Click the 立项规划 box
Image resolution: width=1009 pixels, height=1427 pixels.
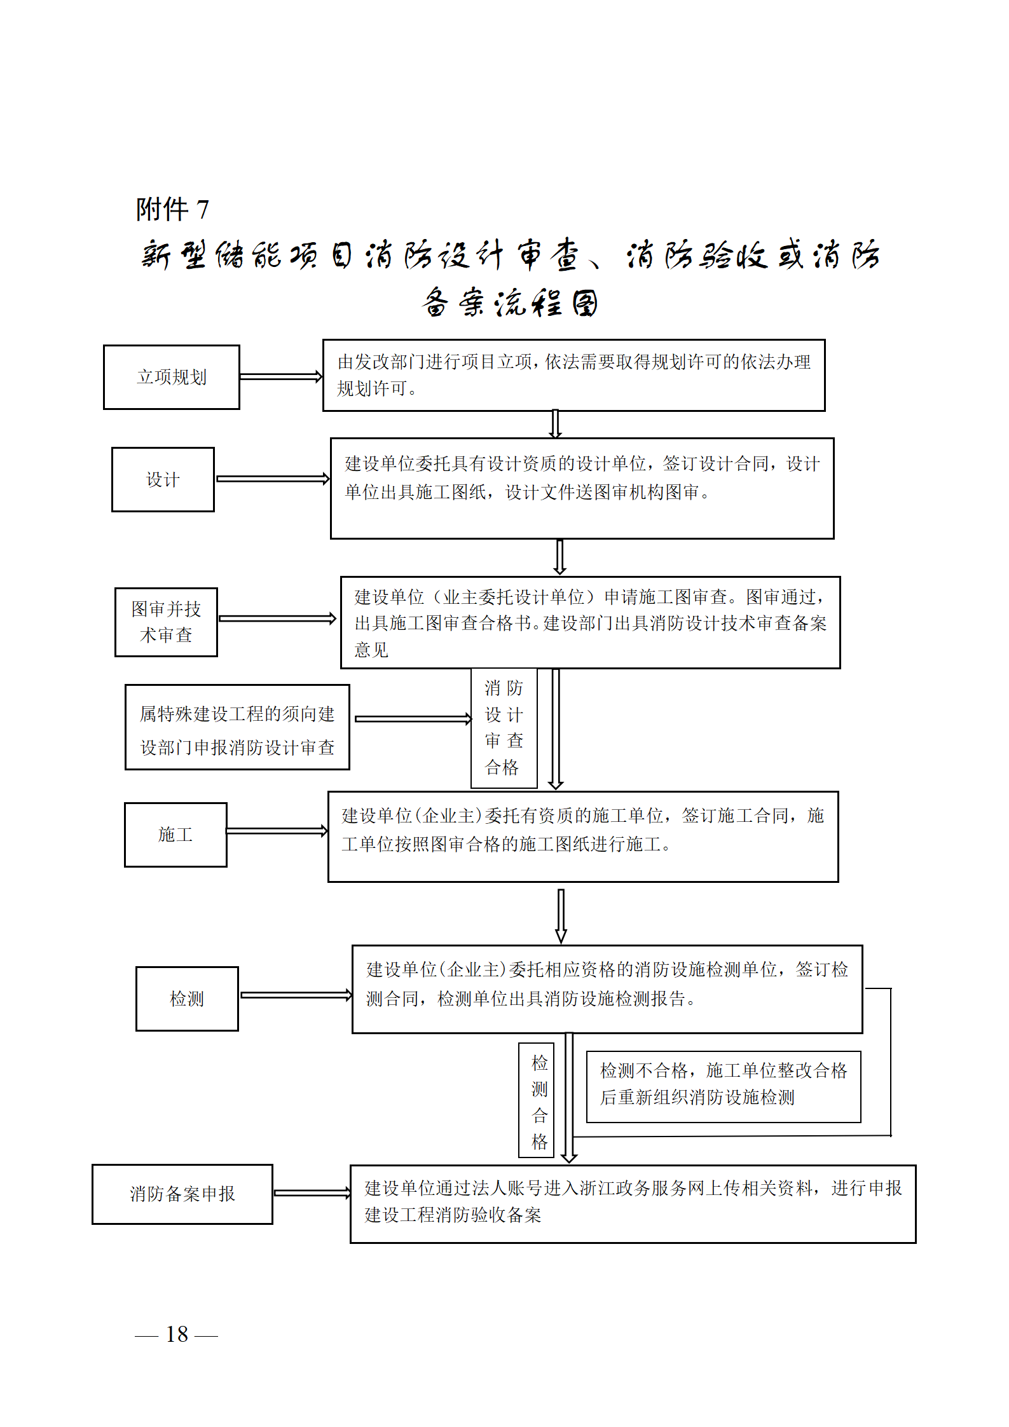[x=172, y=377]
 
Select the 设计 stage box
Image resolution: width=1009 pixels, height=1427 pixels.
[x=163, y=479]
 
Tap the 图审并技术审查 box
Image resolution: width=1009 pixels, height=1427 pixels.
[x=166, y=622]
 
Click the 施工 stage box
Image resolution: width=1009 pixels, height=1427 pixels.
[x=175, y=834]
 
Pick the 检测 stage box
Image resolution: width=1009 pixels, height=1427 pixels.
[x=187, y=999]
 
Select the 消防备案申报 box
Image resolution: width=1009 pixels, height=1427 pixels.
[x=182, y=1194]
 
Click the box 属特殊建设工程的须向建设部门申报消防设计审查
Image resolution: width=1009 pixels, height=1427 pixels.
[x=237, y=727]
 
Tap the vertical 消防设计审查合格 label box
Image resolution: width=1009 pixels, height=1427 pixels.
[x=504, y=728]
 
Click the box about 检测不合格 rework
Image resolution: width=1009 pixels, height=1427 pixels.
[x=723, y=1086]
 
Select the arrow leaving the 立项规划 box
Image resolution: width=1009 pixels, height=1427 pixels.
[x=280, y=376]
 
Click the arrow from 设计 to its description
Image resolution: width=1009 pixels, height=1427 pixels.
[x=272, y=479]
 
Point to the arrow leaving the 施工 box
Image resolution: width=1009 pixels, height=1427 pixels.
[x=277, y=831]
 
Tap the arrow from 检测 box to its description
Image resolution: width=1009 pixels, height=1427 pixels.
[x=295, y=995]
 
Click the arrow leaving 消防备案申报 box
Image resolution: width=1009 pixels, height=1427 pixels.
[x=312, y=1193]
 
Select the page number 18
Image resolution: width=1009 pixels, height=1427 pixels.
[x=177, y=1334]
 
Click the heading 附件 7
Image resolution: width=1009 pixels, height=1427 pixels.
[x=172, y=209]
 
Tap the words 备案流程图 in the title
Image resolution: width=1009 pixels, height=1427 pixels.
[x=510, y=303]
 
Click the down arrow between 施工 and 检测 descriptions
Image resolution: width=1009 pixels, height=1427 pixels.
[x=561, y=916]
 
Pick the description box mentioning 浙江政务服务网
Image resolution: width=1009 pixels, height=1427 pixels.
[x=633, y=1203]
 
